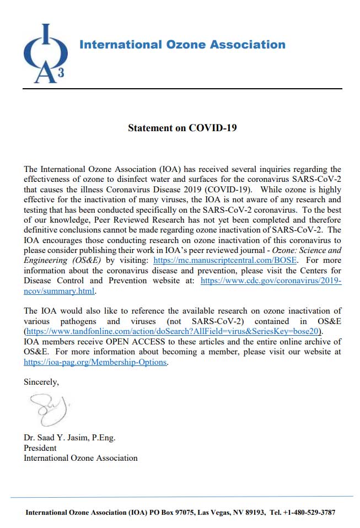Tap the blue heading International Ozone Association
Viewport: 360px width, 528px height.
pos(182,45)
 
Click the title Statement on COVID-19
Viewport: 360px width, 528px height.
pos(182,128)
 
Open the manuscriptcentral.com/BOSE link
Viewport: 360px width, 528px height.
pos(225,260)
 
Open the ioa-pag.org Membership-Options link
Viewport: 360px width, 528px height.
pos(95,362)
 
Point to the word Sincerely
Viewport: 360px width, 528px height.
pos(41,381)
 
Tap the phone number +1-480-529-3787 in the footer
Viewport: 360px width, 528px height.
pos(309,513)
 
